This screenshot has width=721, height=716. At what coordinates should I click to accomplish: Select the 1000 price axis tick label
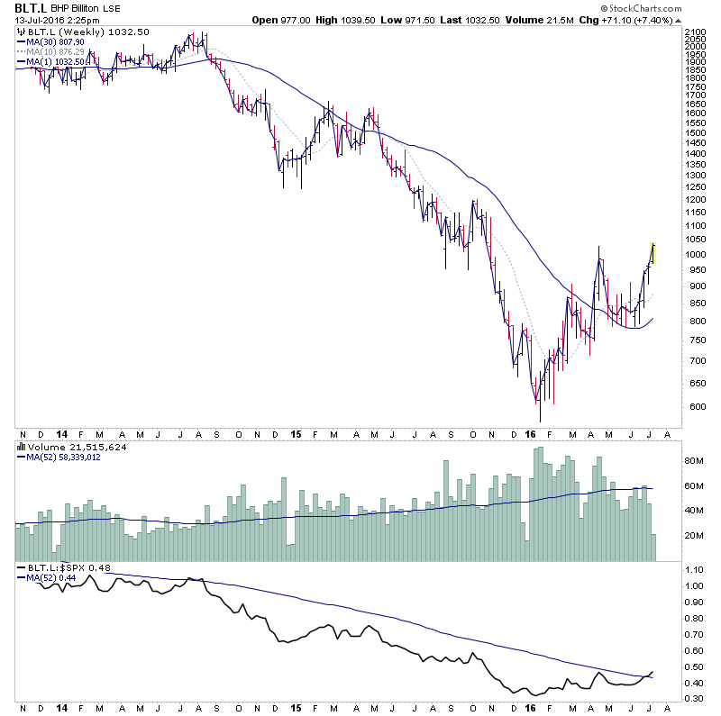pyautogui.click(x=694, y=255)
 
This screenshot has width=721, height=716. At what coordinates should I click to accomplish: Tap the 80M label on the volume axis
pyautogui.click(x=692, y=461)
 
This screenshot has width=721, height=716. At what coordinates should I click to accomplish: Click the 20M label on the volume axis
pyautogui.click(x=692, y=536)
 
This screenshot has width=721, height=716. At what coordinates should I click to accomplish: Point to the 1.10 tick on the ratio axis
pyautogui.click(x=693, y=570)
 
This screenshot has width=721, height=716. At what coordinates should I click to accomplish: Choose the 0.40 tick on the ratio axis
pyautogui.click(x=693, y=684)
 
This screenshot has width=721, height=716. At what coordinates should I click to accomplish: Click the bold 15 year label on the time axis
pyautogui.click(x=295, y=433)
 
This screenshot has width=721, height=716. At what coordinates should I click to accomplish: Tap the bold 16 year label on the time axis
pyautogui.click(x=529, y=433)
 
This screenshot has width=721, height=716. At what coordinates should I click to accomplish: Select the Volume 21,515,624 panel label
pyautogui.click(x=67, y=447)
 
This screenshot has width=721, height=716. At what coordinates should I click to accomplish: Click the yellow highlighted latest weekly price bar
pyautogui.click(x=653, y=253)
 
